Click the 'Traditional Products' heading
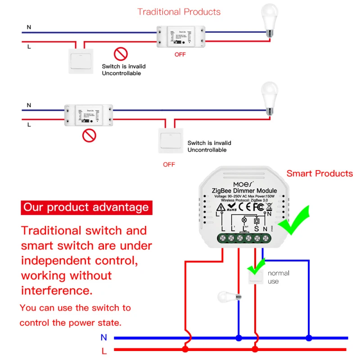(x=179, y=12)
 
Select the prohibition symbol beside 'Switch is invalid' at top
(x=121, y=54)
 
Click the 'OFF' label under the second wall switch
(x=169, y=164)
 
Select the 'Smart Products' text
(x=319, y=173)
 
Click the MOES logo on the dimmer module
(x=243, y=184)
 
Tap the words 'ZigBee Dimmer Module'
(x=244, y=191)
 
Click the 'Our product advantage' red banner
(x=86, y=207)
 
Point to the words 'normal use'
(x=278, y=277)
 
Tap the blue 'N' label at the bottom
(x=104, y=337)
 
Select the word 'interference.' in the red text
(x=57, y=290)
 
